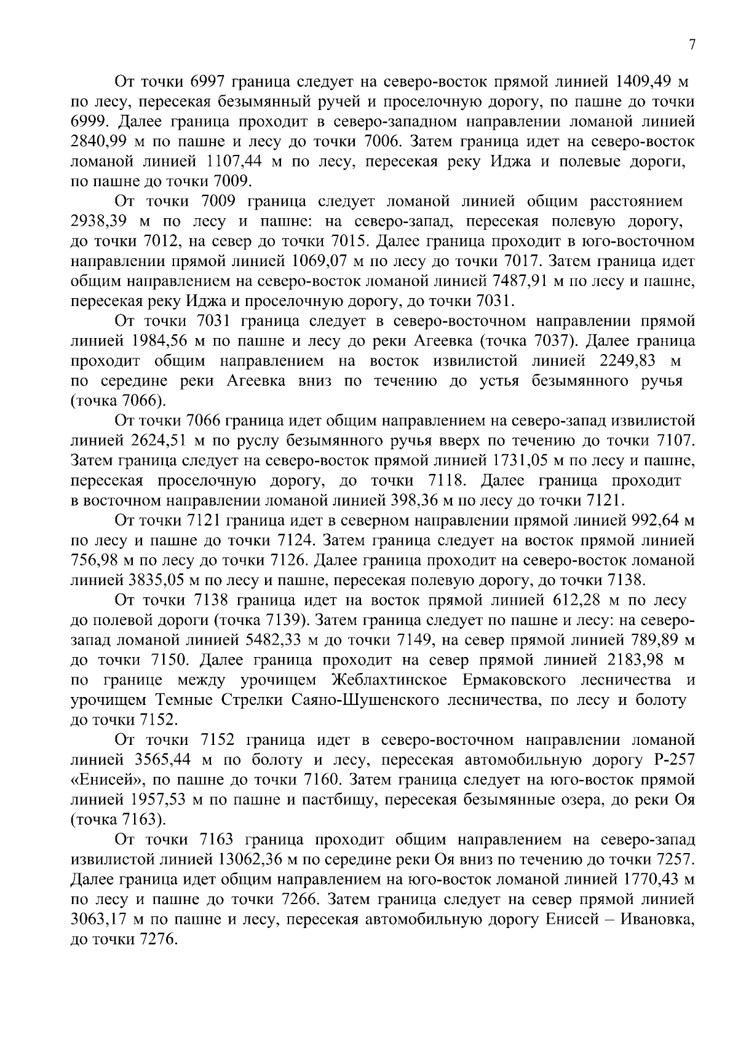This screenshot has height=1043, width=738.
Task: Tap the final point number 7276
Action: point(155,940)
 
